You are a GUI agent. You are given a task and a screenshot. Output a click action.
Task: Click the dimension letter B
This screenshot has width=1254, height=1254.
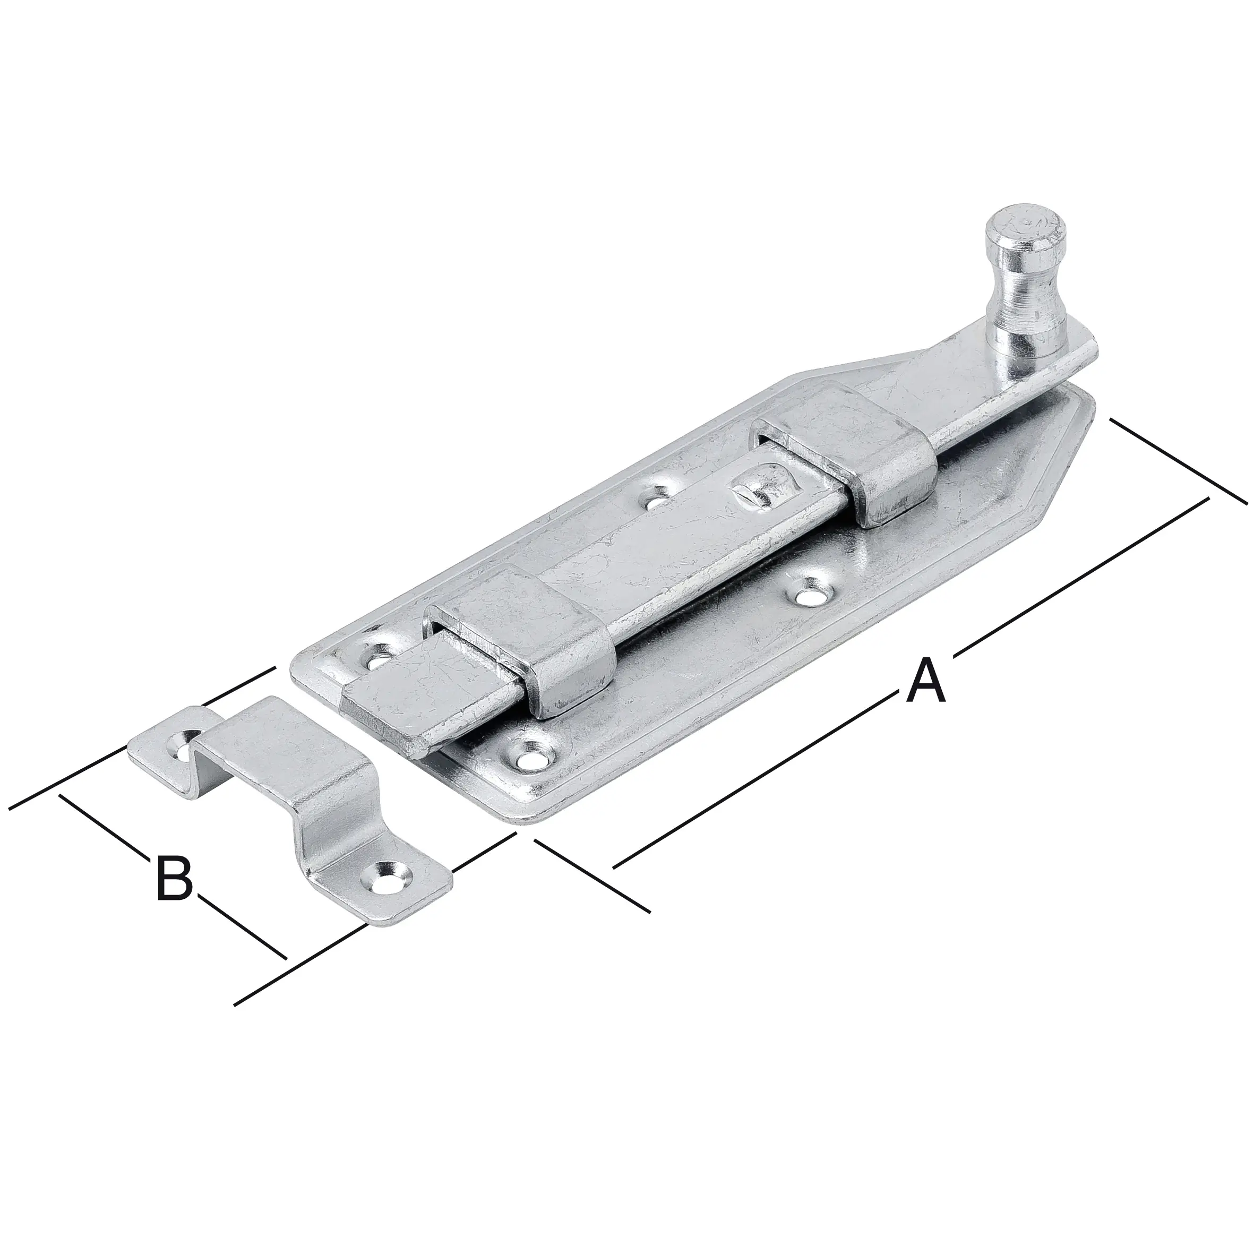click(x=175, y=880)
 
